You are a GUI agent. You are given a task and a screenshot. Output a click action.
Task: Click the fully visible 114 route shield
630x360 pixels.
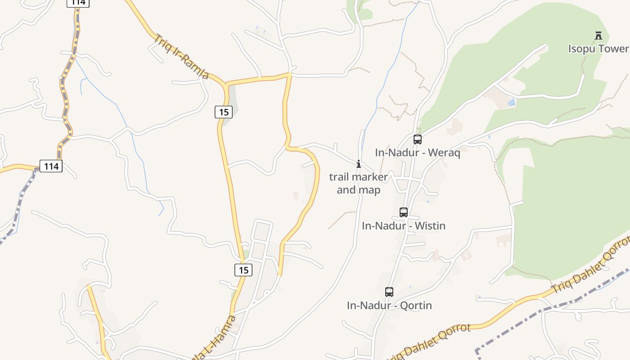[51, 166]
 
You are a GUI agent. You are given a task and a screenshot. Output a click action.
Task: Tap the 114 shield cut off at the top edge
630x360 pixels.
[78, 3]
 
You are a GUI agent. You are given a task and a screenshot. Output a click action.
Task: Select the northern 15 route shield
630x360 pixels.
[224, 112]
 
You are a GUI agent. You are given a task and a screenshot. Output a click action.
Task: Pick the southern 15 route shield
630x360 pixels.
[243, 270]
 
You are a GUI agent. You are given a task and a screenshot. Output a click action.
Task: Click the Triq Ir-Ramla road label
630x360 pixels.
[181, 56]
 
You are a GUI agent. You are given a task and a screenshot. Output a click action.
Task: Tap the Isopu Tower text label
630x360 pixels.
[598, 49]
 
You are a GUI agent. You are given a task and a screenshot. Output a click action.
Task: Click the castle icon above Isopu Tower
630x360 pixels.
[598, 36]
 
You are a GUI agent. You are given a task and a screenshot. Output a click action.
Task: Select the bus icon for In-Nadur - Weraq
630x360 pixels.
[418, 139]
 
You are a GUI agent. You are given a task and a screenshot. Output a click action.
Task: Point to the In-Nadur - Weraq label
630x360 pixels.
[418, 153]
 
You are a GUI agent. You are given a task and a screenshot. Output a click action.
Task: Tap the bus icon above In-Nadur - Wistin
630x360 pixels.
[404, 212]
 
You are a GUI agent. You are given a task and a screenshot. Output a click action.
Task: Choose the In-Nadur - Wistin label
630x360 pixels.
[404, 225]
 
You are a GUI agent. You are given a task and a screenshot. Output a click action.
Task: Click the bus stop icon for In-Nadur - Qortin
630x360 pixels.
[389, 292]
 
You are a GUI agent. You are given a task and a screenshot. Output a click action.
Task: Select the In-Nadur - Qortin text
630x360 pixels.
[389, 306]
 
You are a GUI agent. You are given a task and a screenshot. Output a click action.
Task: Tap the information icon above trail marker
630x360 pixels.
[359, 164]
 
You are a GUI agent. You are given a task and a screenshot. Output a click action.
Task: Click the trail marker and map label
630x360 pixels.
[359, 183]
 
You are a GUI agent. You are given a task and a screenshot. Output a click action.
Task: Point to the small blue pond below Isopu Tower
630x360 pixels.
[511, 103]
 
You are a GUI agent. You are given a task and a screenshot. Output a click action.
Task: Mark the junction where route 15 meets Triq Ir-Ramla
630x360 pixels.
[225, 85]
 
